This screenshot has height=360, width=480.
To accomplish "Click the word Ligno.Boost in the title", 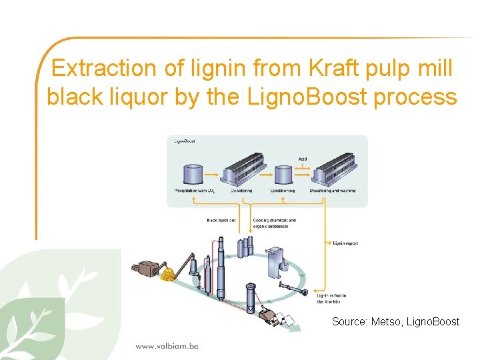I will coord(309,97).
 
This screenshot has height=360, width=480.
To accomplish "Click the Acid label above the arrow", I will coord(303,159).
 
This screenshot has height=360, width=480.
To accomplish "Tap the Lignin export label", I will coord(345,243).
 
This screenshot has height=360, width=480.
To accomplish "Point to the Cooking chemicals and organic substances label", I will coord(274,223).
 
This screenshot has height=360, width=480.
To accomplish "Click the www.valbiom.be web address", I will coord(167,346).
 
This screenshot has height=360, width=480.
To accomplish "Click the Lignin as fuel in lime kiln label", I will coord(332,298).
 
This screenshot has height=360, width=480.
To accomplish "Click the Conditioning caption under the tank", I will coord(282,191).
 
